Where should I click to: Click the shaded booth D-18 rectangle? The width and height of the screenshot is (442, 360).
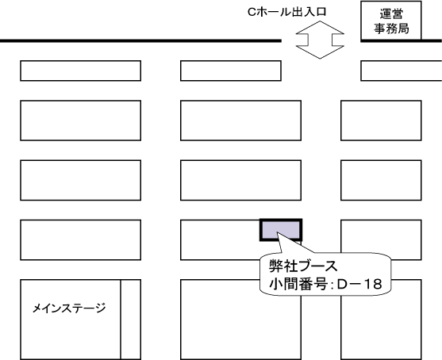(281, 230)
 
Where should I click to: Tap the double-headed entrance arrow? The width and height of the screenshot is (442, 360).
(320, 40)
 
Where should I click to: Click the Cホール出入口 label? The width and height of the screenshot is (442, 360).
(287, 12)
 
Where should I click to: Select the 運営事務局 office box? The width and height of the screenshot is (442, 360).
(391, 21)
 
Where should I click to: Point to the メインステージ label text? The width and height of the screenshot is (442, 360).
(69, 308)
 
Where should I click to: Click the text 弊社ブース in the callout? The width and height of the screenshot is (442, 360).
(303, 266)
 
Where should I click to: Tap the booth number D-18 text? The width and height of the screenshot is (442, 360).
(359, 284)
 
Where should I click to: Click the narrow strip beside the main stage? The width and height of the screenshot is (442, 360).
(131, 320)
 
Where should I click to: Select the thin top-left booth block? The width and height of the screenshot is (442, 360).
(81, 71)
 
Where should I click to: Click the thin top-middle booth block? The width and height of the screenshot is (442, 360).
(231, 71)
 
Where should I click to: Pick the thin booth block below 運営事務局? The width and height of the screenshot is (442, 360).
(401, 71)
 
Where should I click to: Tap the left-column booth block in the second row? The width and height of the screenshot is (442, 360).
(81, 121)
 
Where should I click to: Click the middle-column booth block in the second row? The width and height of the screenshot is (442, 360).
(240, 121)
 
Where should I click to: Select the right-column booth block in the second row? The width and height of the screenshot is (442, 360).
(381, 121)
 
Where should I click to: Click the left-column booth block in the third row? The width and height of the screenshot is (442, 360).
(81, 180)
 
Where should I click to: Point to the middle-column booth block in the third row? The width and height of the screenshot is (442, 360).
(240, 180)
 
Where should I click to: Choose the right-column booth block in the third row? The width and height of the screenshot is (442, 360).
(381, 180)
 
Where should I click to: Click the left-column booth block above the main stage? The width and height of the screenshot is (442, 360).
(81, 240)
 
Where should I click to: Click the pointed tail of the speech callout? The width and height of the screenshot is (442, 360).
(278, 232)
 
